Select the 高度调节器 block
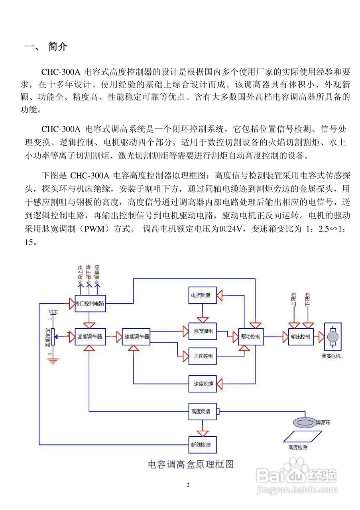coord(90,337)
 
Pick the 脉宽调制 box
coord(203,331)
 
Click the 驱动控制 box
coord(251,337)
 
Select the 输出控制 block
coord(301,337)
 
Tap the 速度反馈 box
coord(203,384)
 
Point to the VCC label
coord(53,312)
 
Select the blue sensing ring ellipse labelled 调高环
coord(304,422)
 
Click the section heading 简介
coord(58,47)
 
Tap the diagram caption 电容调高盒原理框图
coord(191,464)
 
